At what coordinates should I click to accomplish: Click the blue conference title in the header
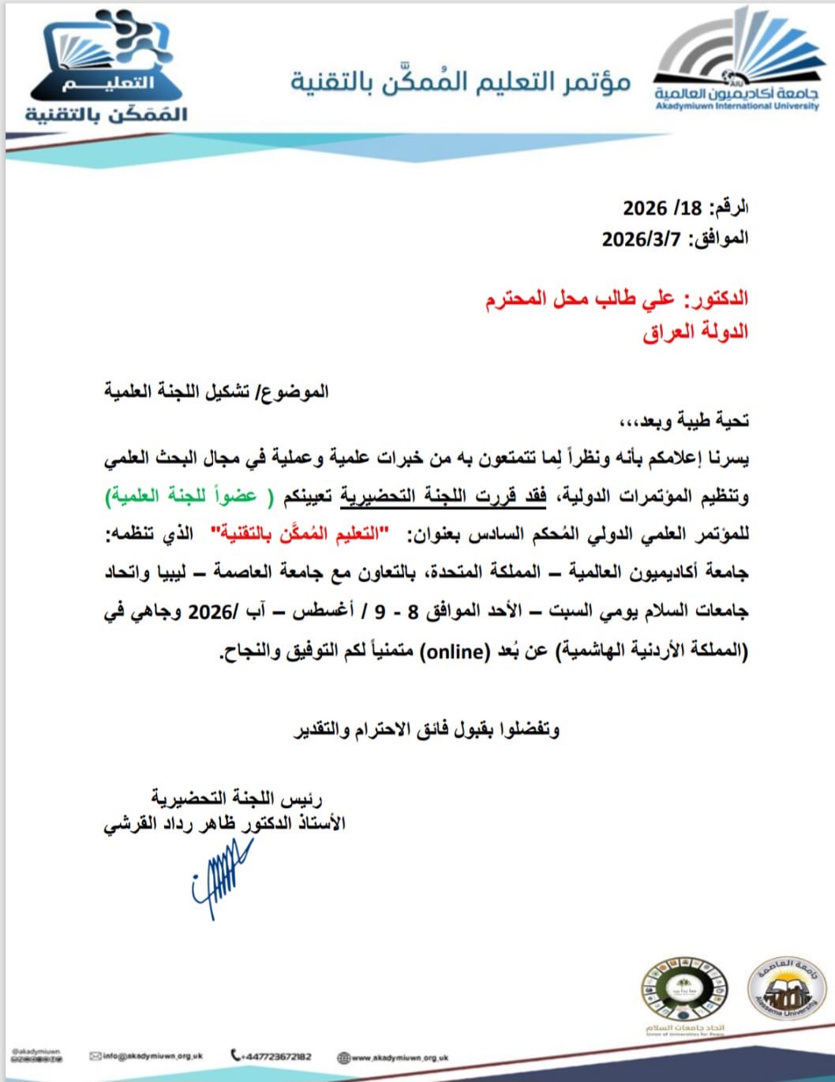(x=460, y=82)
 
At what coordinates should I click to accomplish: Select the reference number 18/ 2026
(x=662, y=208)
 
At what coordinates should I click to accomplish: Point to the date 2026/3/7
(x=641, y=238)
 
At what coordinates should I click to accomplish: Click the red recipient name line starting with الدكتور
(x=616, y=299)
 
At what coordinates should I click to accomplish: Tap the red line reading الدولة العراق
(x=695, y=331)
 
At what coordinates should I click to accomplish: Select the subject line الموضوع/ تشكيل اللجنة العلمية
(x=216, y=391)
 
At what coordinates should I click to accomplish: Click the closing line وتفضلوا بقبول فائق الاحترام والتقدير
(x=426, y=729)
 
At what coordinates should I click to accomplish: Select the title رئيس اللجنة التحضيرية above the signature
(x=237, y=798)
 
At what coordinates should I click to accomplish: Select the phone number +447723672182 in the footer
(x=271, y=1056)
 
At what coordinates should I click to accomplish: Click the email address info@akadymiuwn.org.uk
(x=147, y=1056)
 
